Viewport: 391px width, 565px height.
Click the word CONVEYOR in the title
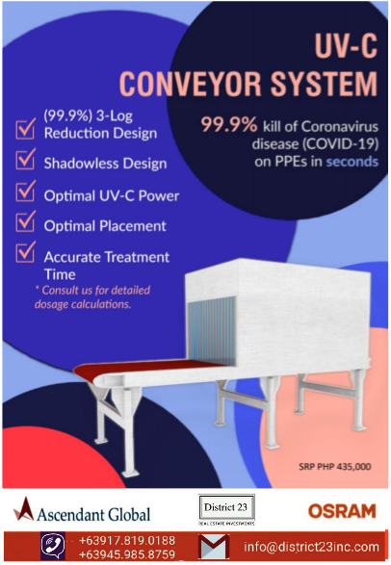pos(191,84)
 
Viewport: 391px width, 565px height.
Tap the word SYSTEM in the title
pos(324,84)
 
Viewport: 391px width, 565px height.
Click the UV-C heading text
pos(346,46)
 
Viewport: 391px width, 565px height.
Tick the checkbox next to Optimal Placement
pos(25,221)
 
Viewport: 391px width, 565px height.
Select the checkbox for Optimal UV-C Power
pos(25,191)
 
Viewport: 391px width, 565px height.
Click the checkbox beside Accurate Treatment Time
pos(25,251)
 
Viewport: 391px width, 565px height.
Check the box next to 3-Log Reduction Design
pos(25,129)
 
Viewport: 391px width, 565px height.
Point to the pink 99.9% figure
pos(229,125)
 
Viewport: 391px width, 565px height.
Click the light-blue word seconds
pos(352,162)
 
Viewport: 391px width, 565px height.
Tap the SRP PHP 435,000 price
pos(335,467)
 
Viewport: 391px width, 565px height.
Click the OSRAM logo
pos(342,511)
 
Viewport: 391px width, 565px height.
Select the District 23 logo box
pos(226,509)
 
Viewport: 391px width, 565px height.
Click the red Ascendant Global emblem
pos(24,508)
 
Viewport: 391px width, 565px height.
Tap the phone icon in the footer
pos(53,546)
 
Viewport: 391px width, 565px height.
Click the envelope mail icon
pos(214,547)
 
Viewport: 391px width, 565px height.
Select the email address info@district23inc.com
pos(311,547)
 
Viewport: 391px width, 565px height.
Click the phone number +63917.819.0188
pos(127,541)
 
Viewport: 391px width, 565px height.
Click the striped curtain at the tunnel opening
pos(212,330)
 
